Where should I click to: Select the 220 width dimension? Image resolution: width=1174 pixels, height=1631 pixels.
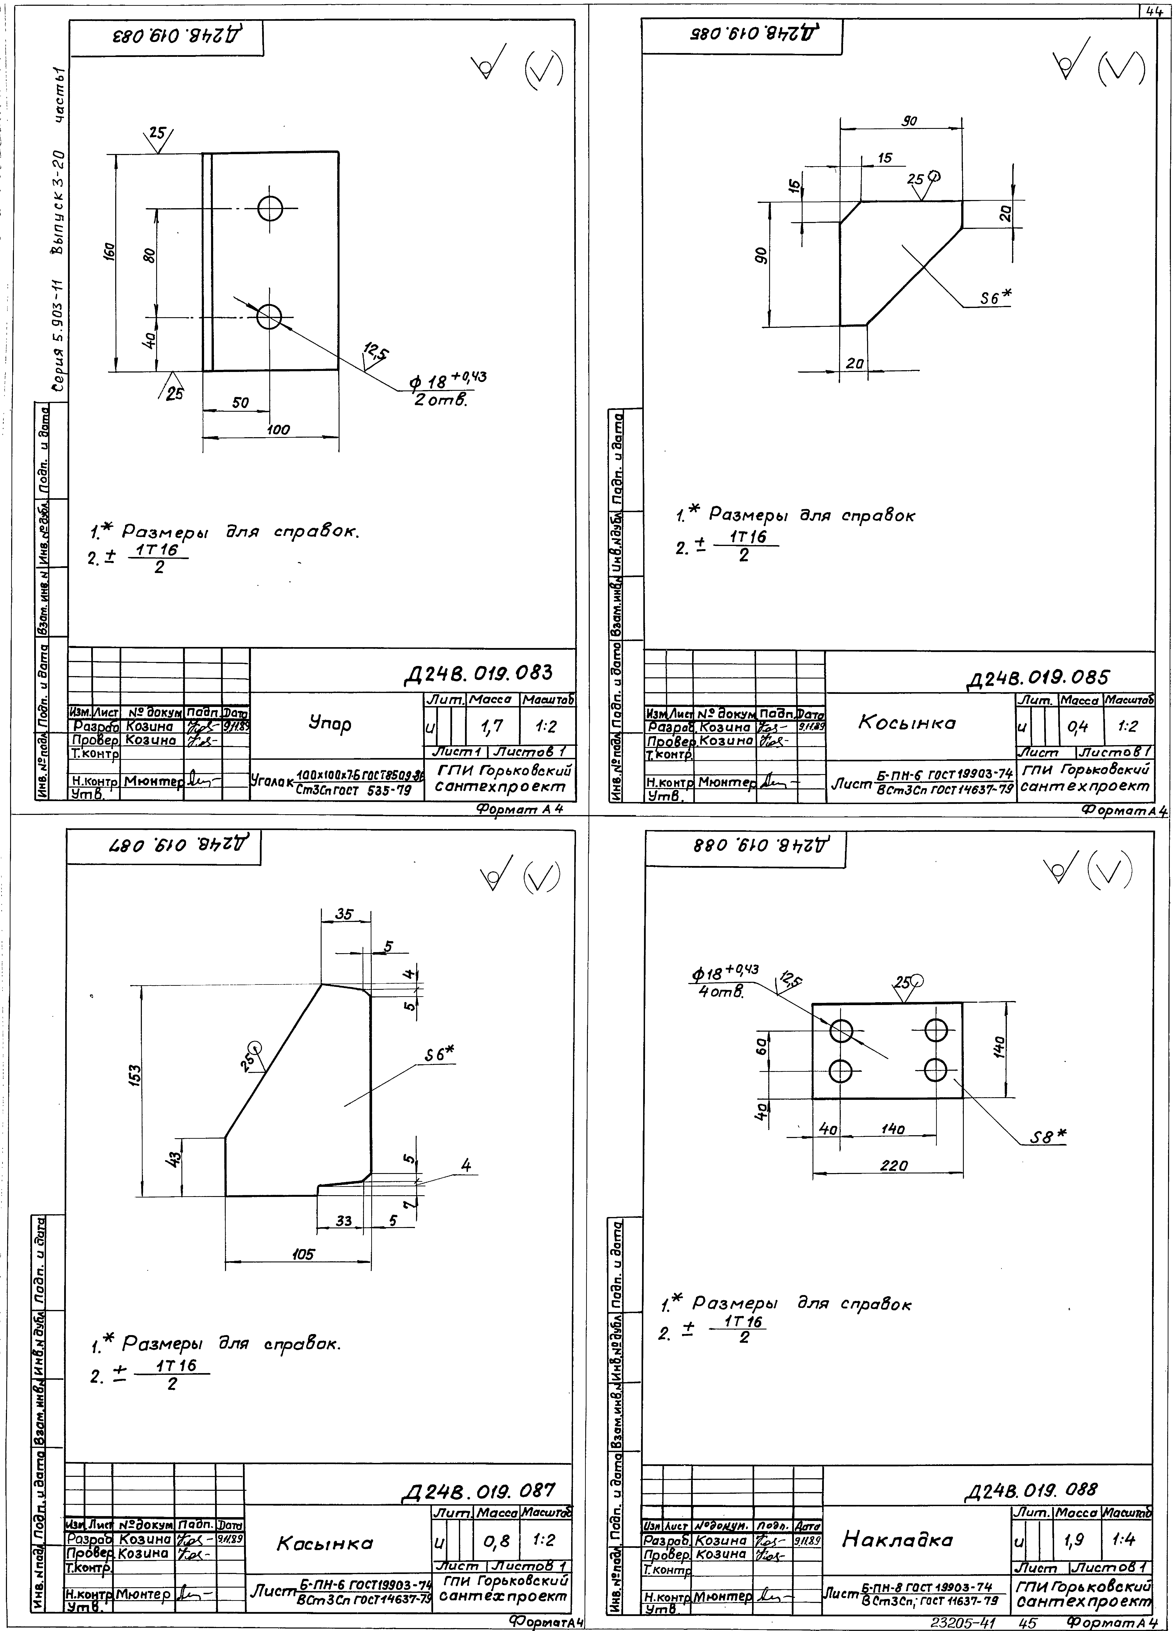tap(894, 1166)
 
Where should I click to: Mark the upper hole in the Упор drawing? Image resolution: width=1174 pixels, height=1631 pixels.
tap(270, 209)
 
